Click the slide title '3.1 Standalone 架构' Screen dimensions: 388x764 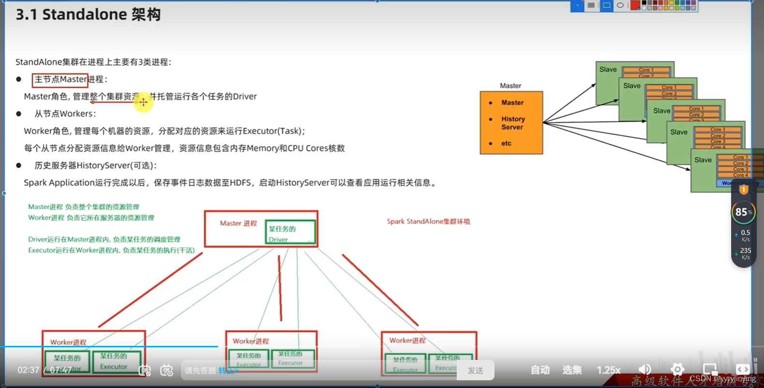88,15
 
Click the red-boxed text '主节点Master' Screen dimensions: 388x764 60,80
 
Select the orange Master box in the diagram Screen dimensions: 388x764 511,123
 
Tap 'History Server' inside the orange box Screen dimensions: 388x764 513,123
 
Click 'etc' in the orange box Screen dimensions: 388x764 506,143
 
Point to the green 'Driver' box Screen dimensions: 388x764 290,233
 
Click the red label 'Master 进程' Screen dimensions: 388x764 238,223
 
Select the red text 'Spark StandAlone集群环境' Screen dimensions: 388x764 428,221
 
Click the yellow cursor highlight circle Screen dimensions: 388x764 143,102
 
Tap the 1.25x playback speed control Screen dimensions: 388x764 608,370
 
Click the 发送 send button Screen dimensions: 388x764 475,370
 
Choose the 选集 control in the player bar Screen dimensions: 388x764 571,370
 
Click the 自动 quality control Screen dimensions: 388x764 540,370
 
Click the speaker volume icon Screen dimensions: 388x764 644,370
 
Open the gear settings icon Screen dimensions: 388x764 677,370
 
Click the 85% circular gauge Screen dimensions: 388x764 743,212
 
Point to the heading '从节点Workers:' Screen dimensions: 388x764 65,114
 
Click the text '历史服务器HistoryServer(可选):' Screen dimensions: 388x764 95,166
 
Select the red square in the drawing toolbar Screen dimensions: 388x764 635,5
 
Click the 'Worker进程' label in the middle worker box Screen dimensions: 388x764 251,341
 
